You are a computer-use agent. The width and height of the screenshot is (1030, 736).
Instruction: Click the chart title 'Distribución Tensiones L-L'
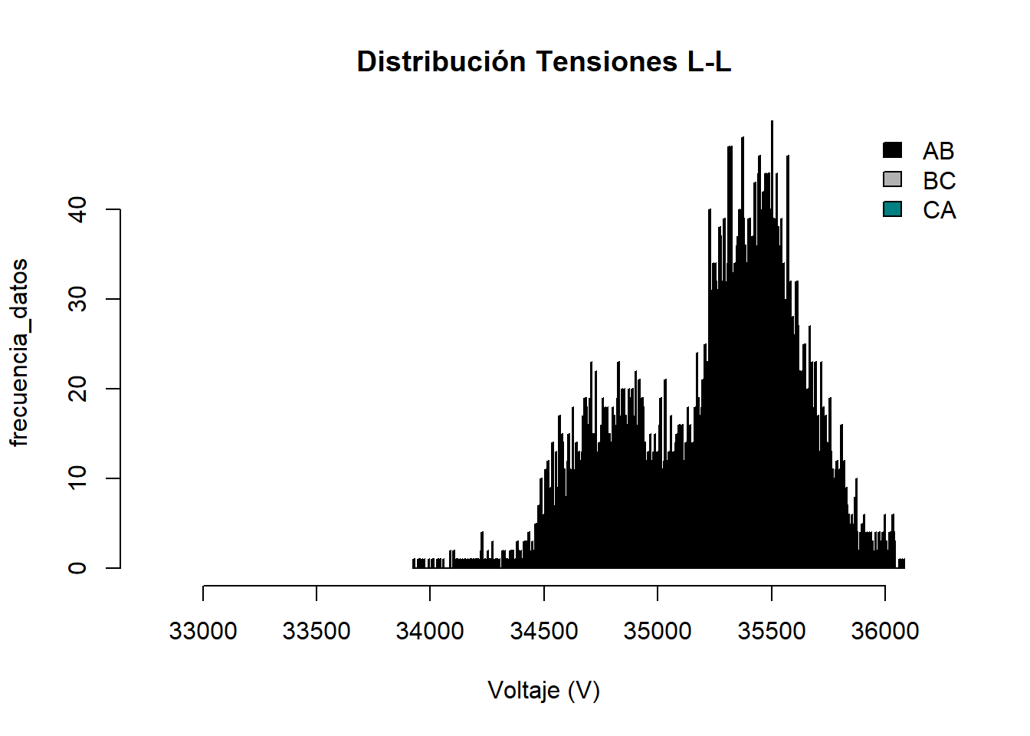coord(543,62)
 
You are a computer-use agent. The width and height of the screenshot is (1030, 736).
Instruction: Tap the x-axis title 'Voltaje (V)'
coord(543,691)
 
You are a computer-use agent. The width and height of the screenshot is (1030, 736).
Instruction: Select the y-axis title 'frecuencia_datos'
coord(19,353)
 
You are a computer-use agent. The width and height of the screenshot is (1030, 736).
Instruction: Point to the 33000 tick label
coord(203,631)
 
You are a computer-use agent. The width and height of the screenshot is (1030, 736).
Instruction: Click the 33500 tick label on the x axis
coord(317,631)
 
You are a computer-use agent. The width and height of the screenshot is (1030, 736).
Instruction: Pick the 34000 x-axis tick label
coord(430,631)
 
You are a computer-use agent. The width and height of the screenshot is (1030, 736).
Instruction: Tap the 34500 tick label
coord(544,631)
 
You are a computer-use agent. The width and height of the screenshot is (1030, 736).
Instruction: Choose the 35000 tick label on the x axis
coord(658,631)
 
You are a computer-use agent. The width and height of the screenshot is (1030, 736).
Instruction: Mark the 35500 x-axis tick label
coord(772,631)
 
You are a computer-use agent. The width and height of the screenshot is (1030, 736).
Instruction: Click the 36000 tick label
coord(885,631)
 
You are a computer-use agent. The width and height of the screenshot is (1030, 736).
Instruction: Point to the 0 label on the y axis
coord(77,568)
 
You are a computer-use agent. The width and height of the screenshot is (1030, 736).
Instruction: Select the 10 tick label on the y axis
coord(77,478)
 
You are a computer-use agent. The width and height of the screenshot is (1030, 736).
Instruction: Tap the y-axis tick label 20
coord(77,389)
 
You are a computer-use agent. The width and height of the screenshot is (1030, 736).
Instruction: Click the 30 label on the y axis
coord(77,299)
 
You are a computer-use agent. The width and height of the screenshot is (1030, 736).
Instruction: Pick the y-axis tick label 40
coord(77,209)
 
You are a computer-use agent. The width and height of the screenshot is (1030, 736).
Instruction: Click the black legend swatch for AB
coord(893,150)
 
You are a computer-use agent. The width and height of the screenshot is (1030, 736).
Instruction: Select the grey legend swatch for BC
coord(893,179)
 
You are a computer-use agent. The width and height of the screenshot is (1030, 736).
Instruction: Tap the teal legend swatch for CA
coord(893,209)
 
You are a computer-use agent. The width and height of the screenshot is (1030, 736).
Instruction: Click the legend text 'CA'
coord(940,210)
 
